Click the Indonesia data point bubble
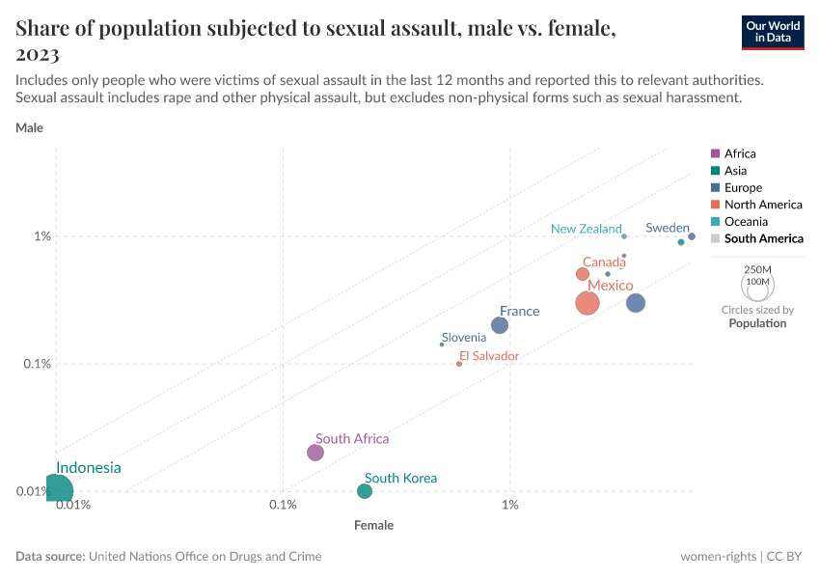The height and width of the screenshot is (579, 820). tap(56, 490)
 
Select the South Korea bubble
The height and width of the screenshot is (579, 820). tap(365, 491)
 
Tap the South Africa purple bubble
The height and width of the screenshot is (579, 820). tap(315, 453)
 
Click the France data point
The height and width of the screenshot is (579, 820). tap(500, 325)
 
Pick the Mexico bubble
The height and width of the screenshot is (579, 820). tap(588, 303)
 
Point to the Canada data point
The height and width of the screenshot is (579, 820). tap(583, 274)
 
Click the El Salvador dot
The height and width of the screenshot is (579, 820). tap(459, 364)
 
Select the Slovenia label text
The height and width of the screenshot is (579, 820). tap(464, 337)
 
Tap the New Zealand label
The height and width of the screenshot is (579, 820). tap(586, 229)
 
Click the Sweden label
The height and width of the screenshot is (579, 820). tap(668, 228)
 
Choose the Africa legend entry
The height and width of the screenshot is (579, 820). tap(740, 153)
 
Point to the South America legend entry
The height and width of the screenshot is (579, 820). tap(763, 238)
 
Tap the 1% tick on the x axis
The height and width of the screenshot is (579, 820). tap(510, 506)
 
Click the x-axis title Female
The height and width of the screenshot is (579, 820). tap(373, 526)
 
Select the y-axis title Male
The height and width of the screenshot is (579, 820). tap(29, 127)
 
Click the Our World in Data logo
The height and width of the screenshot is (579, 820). tap(772, 32)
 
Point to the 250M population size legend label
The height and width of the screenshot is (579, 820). tap(758, 269)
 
